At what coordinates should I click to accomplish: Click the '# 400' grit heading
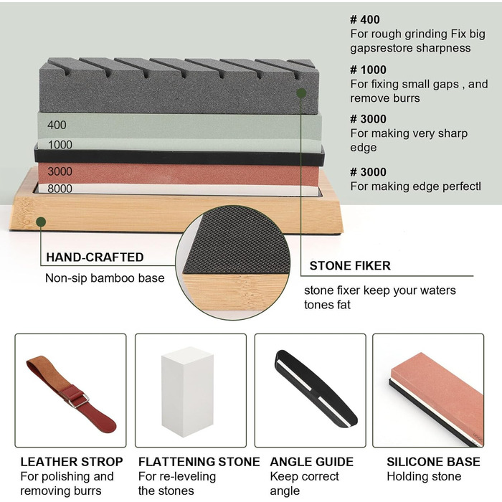pyautogui.click(x=364, y=19)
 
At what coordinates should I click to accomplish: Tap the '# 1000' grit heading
pyautogui.click(x=368, y=70)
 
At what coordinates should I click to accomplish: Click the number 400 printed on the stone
pyautogui.click(x=57, y=125)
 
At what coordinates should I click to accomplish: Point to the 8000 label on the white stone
pyautogui.click(x=60, y=188)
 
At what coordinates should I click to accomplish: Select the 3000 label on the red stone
pyautogui.click(x=60, y=171)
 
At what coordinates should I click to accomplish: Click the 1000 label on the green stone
pyautogui.click(x=60, y=145)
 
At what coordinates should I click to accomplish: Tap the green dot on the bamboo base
pyautogui.click(x=41, y=222)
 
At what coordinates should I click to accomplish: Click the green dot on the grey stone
pyautogui.click(x=301, y=93)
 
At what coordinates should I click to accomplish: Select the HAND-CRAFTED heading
pyautogui.click(x=95, y=257)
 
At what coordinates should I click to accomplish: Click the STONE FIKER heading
pyautogui.click(x=350, y=265)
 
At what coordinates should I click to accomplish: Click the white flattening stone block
pyautogui.click(x=187, y=392)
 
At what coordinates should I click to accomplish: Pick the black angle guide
pyautogui.click(x=316, y=389)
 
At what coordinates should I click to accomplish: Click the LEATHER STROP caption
pyautogui.click(x=72, y=462)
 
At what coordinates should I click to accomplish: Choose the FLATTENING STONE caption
pyautogui.click(x=199, y=462)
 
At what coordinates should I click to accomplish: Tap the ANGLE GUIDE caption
pyautogui.click(x=311, y=462)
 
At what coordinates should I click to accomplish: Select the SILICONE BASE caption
pyautogui.click(x=433, y=462)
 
